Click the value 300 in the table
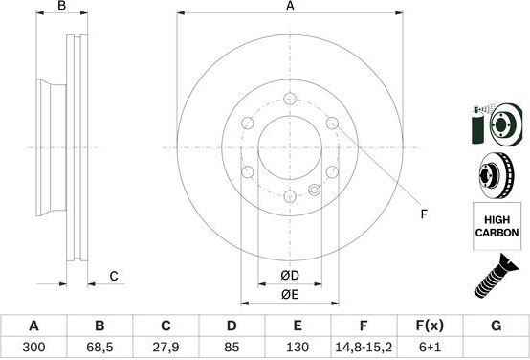(x=33, y=347)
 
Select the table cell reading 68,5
(x=99, y=347)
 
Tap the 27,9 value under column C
(x=166, y=347)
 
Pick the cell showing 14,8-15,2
(x=364, y=347)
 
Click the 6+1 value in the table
(x=430, y=347)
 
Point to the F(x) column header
(x=430, y=326)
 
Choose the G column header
(x=496, y=326)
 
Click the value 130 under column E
(x=298, y=347)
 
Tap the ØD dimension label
(x=290, y=276)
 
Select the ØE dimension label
(x=290, y=295)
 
